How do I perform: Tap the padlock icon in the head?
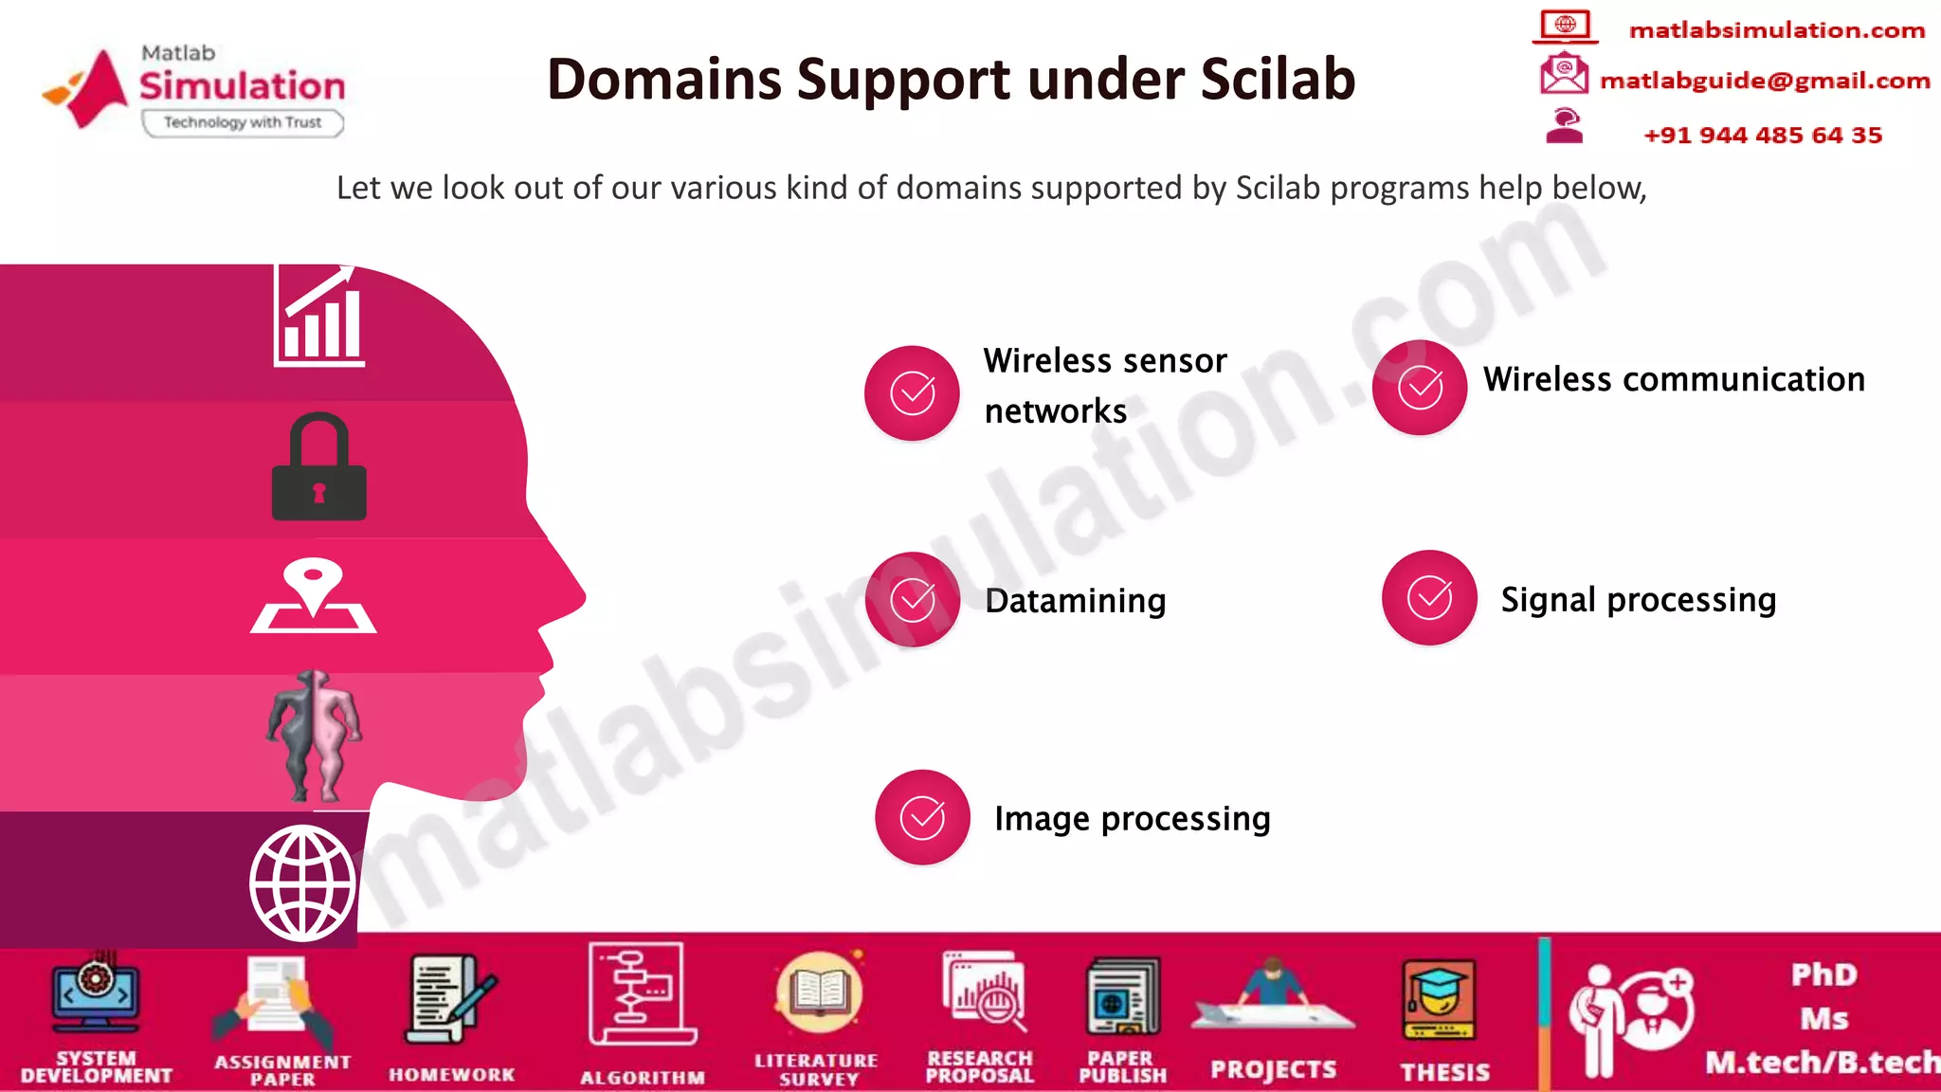click(318, 467)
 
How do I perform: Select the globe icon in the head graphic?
click(302, 883)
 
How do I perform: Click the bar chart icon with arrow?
click(319, 318)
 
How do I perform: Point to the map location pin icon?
click(314, 596)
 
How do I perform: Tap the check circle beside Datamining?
click(913, 600)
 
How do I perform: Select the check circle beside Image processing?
click(922, 817)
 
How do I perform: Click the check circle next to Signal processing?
click(1429, 598)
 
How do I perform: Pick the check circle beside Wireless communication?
click(1420, 388)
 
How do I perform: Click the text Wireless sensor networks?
click(1104, 386)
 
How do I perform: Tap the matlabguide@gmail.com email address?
click(1765, 81)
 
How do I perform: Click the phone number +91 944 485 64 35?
click(1763, 136)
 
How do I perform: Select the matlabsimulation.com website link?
click(1777, 30)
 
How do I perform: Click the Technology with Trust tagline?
click(243, 123)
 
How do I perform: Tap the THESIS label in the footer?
click(1445, 1072)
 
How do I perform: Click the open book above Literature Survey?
click(819, 992)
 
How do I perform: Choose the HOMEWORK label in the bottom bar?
click(452, 1075)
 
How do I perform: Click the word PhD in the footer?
click(1823, 974)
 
